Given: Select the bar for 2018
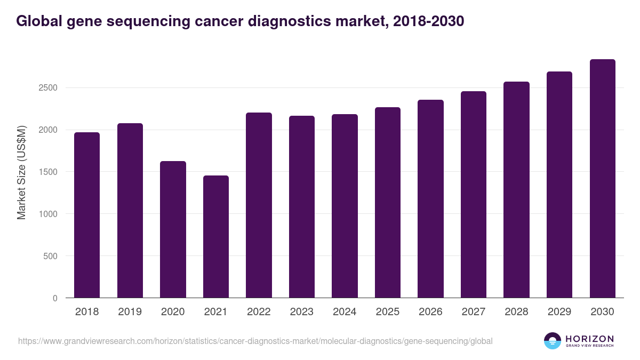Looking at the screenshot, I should [87, 215].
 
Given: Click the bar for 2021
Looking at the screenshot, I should [215, 237].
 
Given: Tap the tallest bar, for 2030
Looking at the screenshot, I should [602, 179].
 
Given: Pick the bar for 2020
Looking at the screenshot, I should [173, 229].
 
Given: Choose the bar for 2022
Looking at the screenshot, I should [259, 205].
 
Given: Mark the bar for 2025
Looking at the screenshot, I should [387, 203].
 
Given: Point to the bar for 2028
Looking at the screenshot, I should [516, 190].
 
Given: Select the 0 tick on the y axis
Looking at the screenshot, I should [54, 298].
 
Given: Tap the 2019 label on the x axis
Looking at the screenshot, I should [130, 312].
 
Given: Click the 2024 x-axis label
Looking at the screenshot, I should [345, 312].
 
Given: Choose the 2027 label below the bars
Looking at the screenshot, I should [473, 312].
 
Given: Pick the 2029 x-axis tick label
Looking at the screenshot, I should [559, 312].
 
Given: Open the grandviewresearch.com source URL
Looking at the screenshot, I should [255, 341].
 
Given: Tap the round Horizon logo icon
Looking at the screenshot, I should [553, 341].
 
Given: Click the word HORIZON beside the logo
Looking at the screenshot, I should [589, 338].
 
